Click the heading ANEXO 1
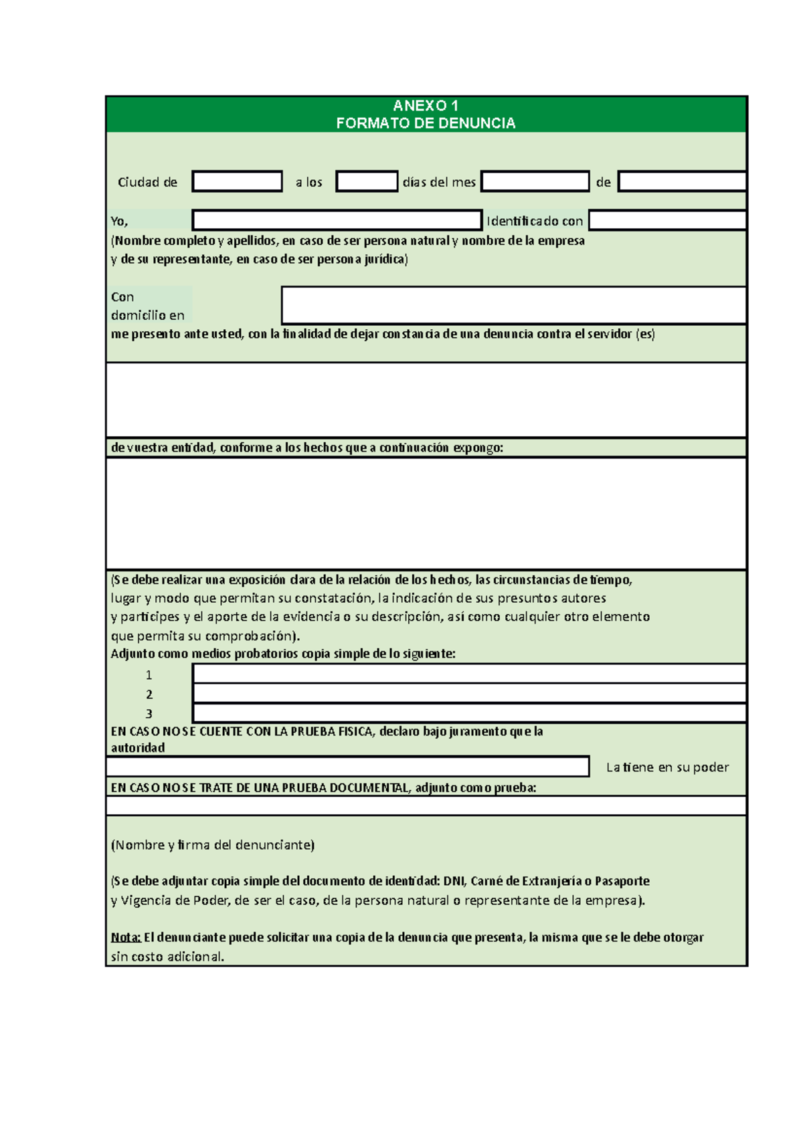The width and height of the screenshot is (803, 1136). [x=426, y=106]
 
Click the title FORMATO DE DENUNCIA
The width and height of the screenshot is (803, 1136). [x=426, y=123]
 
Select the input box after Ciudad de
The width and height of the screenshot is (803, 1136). [x=237, y=181]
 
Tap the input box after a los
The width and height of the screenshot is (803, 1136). [x=367, y=181]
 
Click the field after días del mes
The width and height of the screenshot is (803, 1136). [x=535, y=181]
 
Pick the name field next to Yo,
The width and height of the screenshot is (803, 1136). [x=337, y=220]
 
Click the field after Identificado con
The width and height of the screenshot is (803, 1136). [x=667, y=220]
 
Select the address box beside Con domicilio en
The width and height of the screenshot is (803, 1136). [x=513, y=305]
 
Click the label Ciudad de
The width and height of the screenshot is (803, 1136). [x=147, y=182]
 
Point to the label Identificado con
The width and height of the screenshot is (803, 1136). [x=535, y=221]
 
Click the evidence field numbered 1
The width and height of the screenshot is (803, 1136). [x=469, y=673]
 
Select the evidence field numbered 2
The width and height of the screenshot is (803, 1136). [x=469, y=692]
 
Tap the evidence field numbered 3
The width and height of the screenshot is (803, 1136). [x=469, y=713]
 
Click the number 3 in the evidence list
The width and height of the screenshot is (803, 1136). [x=149, y=714]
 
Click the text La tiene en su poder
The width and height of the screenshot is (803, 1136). [x=667, y=767]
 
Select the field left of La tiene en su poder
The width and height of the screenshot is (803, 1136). [x=347, y=767]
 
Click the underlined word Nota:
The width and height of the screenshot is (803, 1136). [x=126, y=937]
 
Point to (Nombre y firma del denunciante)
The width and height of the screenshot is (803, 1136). [x=213, y=845]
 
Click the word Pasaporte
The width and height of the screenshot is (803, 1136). [x=622, y=881]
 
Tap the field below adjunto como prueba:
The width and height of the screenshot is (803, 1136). [x=426, y=806]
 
